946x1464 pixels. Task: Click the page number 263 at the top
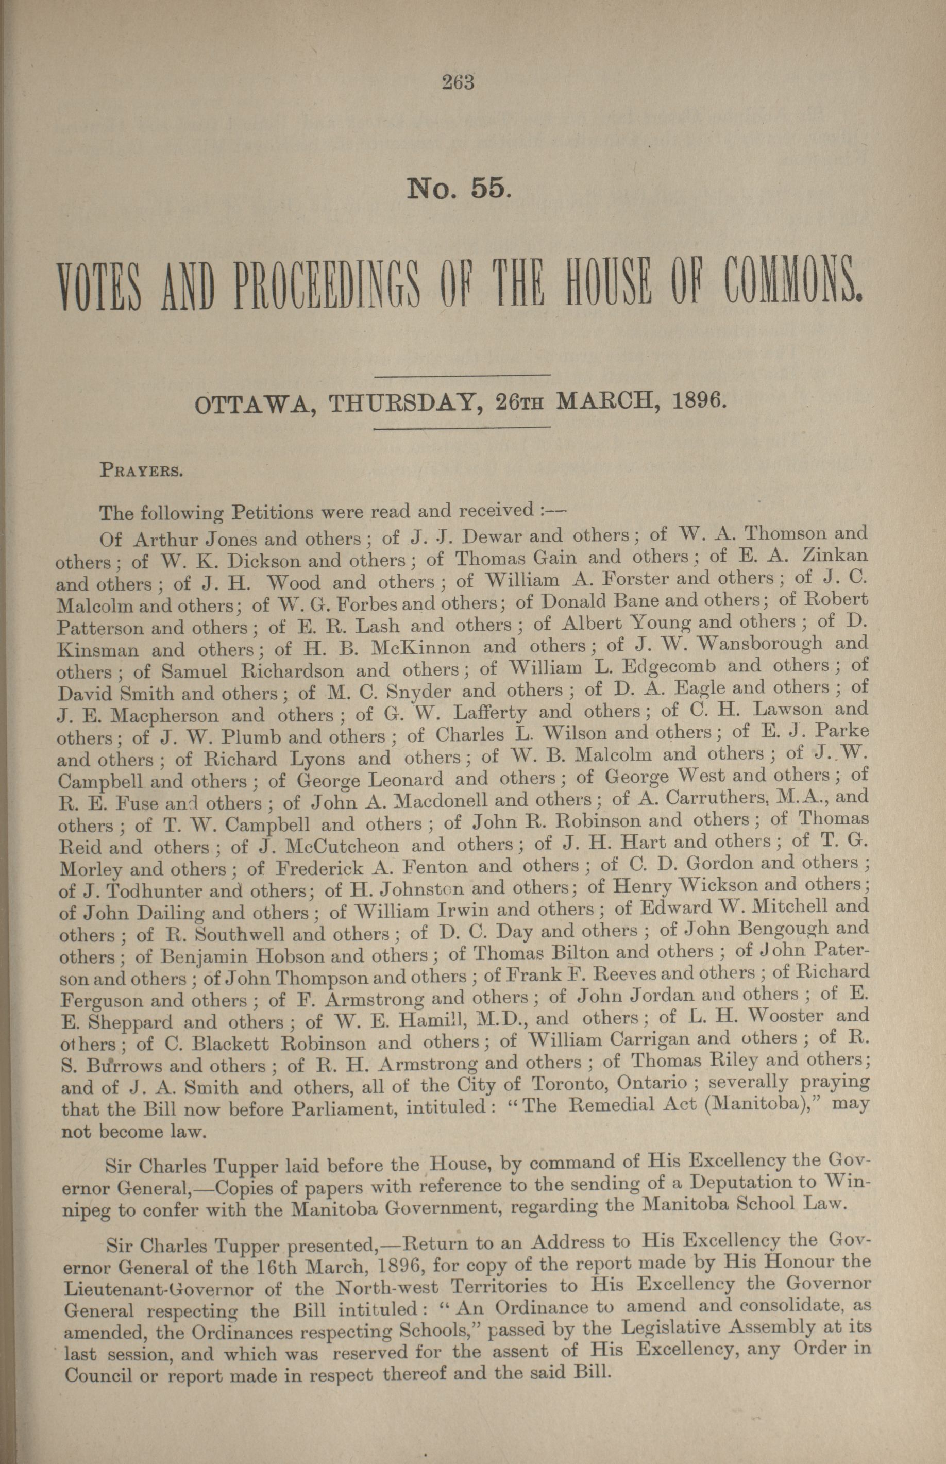(x=458, y=82)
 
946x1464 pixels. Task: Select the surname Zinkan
(x=837, y=556)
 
